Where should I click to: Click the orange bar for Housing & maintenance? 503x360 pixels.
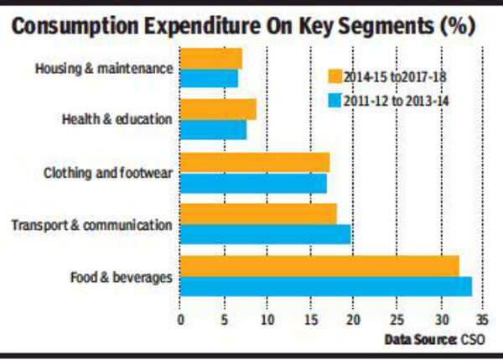(x=210, y=59)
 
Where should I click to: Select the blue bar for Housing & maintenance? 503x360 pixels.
(x=209, y=78)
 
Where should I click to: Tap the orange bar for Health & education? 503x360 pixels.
(x=218, y=109)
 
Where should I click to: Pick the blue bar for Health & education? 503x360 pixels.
(x=213, y=130)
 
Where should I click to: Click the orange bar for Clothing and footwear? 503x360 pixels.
(x=254, y=162)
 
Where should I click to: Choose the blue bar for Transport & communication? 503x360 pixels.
(x=265, y=234)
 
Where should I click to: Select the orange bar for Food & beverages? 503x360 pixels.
(x=319, y=266)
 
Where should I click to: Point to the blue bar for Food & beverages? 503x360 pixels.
(x=325, y=287)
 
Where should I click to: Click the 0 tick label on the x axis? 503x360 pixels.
(x=180, y=321)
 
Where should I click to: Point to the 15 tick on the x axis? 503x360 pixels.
(x=309, y=321)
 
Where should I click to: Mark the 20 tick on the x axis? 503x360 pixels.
(x=353, y=321)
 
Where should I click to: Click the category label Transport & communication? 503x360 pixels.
(x=91, y=224)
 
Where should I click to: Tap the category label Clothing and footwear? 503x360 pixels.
(x=107, y=173)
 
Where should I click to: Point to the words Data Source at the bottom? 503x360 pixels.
(x=420, y=340)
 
